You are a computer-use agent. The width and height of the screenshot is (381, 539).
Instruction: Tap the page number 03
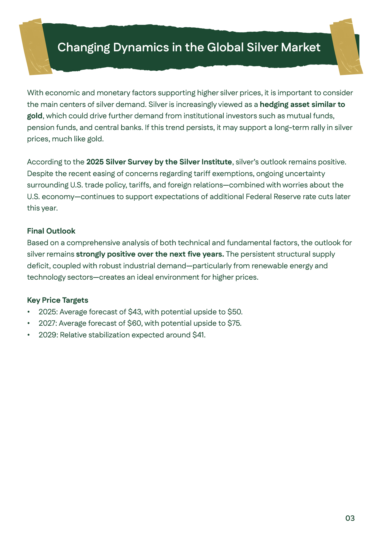[x=350, y=518]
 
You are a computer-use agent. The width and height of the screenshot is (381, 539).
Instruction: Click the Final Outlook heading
[x=51, y=231]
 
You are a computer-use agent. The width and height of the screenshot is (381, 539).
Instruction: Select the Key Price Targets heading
[x=57, y=300]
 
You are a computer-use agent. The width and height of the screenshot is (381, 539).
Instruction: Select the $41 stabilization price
[x=198, y=335]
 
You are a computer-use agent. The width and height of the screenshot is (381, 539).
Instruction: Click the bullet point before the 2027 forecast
[x=29, y=324]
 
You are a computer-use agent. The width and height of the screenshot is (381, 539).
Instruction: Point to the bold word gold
[x=34, y=116]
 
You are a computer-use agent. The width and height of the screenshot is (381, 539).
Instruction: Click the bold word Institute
[x=216, y=162]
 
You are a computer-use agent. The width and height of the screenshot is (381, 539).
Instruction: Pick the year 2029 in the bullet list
[x=47, y=335]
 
